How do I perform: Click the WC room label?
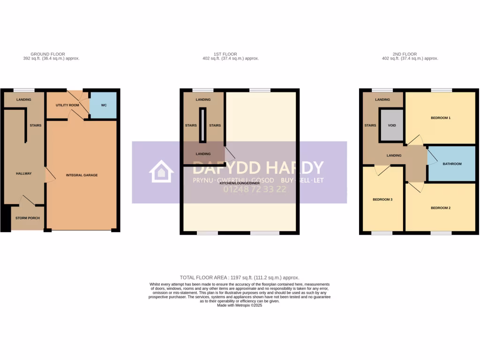click(x=104, y=105)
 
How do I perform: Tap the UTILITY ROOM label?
click(x=67, y=105)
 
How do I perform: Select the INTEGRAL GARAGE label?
click(x=82, y=175)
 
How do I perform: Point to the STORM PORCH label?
click(x=27, y=218)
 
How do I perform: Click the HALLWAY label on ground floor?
click(x=24, y=174)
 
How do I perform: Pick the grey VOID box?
click(x=391, y=126)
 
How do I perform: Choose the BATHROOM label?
click(x=452, y=164)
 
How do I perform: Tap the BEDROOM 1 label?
click(x=440, y=118)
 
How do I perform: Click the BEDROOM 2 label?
click(x=440, y=208)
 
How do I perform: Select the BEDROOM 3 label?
click(x=382, y=199)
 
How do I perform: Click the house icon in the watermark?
click(x=161, y=172)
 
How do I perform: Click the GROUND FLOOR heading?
click(x=48, y=54)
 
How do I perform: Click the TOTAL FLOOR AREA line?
click(x=240, y=277)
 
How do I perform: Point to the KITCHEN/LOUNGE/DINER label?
click(x=240, y=183)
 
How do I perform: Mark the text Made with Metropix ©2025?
click(x=240, y=305)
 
